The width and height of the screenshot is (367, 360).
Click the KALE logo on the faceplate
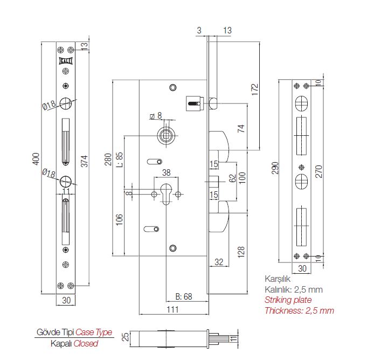click(x=66, y=61)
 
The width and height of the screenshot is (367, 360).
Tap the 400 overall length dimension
click(x=36, y=159)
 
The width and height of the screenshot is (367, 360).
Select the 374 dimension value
click(x=84, y=161)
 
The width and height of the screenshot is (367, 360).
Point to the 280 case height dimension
click(x=108, y=160)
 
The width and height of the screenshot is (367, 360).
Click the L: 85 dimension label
click(x=120, y=160)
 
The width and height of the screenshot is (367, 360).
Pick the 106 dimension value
click(x=119, y=219)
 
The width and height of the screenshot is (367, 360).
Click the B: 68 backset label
click(x=184, y=296)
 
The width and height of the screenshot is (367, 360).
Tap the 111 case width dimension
click(x=173, y=309)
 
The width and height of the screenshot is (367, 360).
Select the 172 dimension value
click(x=255, y=89)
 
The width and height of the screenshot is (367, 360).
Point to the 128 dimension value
click(x=241, y=252)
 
